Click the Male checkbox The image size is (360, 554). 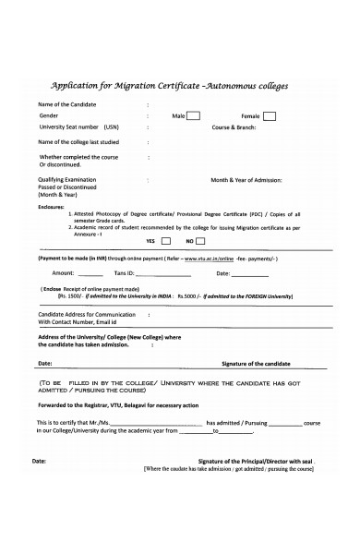point(194,116)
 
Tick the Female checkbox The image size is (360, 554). point(269,116)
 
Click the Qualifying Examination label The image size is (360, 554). point(69,179)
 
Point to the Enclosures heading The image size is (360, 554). point(52,206)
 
